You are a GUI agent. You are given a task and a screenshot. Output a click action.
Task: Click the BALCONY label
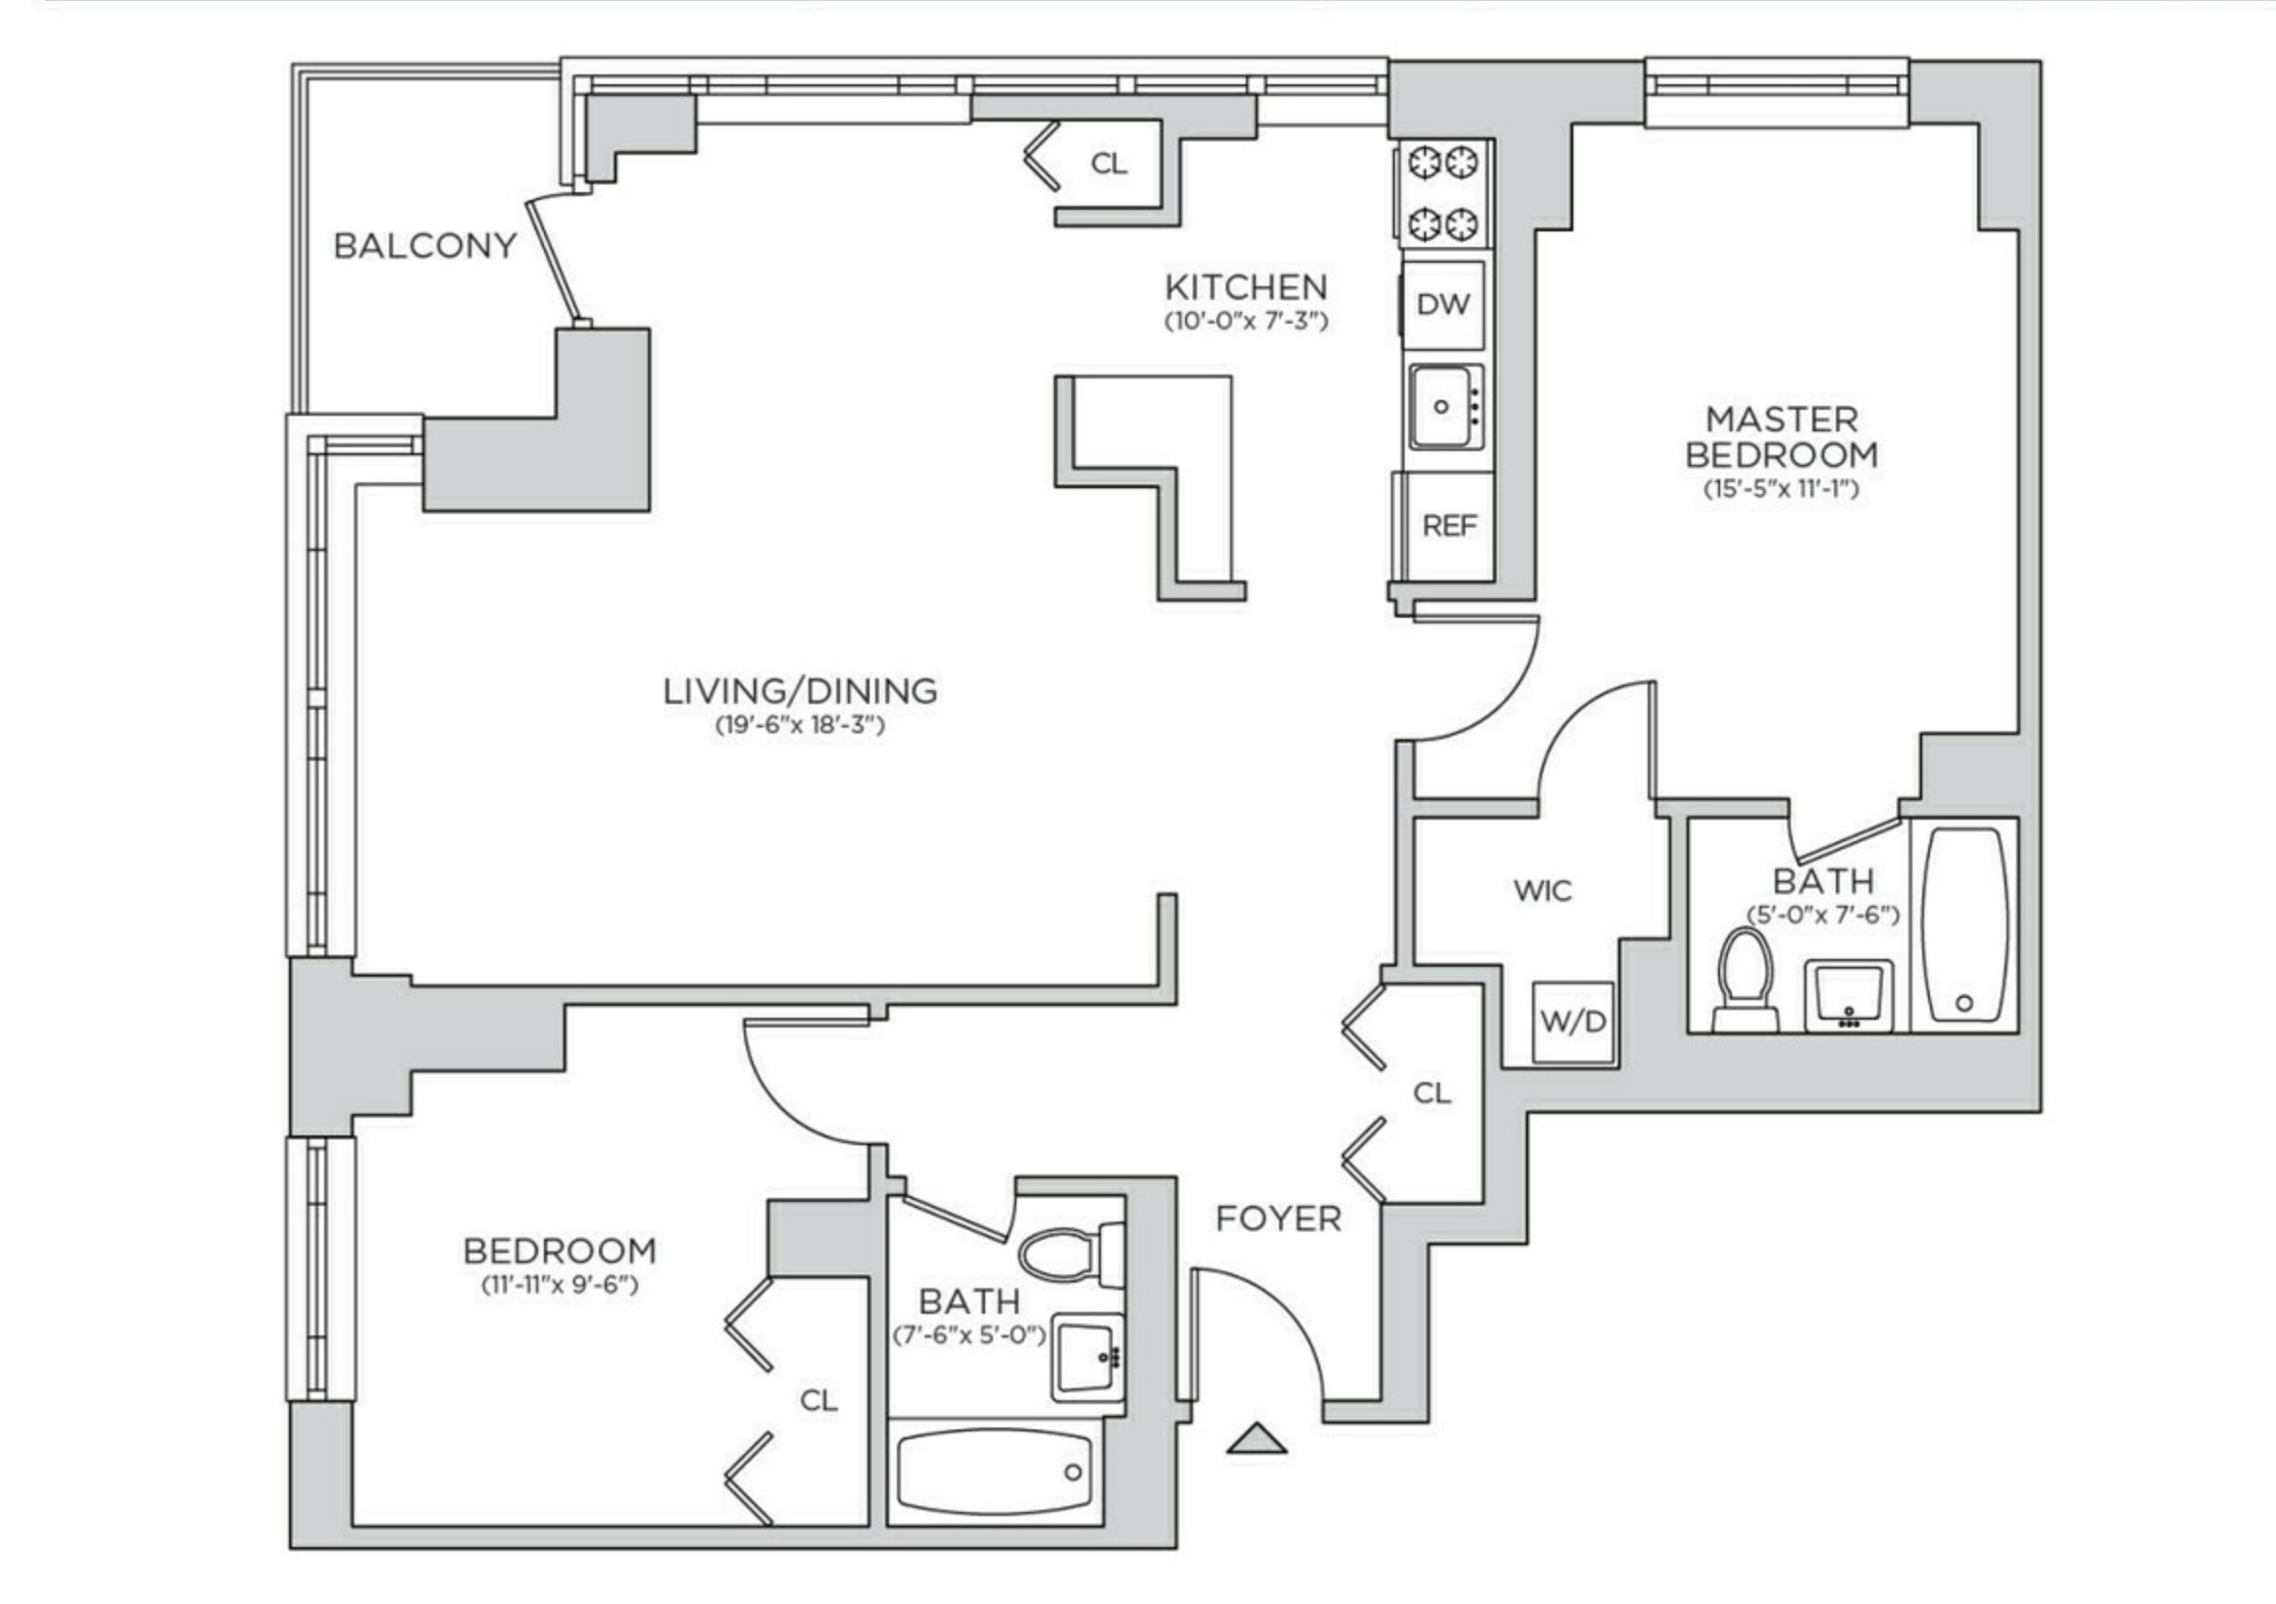pyautogui.click(x=424, y=245)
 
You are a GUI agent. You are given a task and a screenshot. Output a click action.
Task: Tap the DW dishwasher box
pyautogui.click(x=1443, y=304)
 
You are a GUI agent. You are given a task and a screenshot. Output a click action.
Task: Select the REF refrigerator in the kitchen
pyautogui.click(x=1450, y=526)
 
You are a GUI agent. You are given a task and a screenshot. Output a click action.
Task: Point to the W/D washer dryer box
pyautogui.click(x=1572, y=1021)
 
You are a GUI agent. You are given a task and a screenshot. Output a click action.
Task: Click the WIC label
pyautogui.click(x=1543, y=890)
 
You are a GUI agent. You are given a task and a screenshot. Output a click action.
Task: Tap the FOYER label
pyautogui.click(x=1278, y=1219)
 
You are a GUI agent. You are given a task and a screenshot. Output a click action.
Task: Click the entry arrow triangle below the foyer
pyautogui.click(x=1256, y=1439)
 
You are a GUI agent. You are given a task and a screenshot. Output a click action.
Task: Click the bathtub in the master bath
pyautogui.click(x=1963, y=924)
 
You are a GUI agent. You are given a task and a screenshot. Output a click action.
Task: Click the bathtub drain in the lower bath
pyautogui.click(x=1072, y=1473)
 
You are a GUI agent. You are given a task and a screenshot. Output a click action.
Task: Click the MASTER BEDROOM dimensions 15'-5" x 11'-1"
pyautogui.click(x=1781, y=488)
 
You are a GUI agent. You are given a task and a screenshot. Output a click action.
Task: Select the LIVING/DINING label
pyautogui.click(x=800, y=691)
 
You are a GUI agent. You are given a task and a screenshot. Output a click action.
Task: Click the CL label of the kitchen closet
pyautogui.click(x=1109, y=164)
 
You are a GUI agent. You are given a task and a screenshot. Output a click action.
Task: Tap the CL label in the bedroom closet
pyautogui.click(x=818, y=1400)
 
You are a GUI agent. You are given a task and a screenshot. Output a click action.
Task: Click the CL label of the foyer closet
pyautogui.click(x=1431, y=1092)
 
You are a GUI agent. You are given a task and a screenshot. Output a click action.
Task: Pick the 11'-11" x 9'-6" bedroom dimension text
pyautogui.click(x=559, y=1285)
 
